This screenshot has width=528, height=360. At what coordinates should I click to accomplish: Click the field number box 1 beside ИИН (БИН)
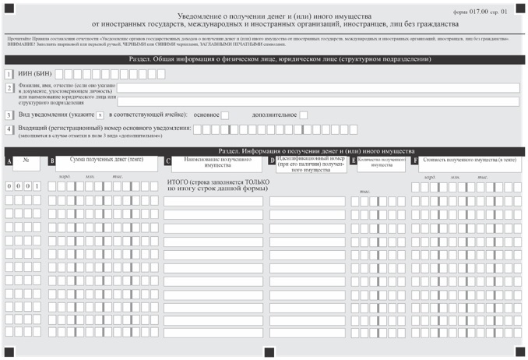tap(9, 74)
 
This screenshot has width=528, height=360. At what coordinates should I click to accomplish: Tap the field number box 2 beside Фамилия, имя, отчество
tap(9, 89)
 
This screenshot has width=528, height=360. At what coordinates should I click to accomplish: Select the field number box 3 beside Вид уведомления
tap(9, 115)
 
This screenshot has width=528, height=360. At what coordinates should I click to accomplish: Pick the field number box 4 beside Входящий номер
tap(9, 129)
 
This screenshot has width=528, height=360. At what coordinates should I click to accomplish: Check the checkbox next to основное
tap(225, 115)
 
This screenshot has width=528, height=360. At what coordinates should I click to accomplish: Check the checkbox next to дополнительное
tap(304, 115)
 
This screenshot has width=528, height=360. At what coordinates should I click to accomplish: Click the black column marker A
tap(9, 161)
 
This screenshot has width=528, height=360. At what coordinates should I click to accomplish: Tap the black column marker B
tap(51, 161)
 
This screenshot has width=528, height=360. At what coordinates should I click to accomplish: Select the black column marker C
tap(167, 161)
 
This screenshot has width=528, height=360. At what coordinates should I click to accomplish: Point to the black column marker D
tap(272, 161)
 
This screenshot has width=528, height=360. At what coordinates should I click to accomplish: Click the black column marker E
tap(354, 161)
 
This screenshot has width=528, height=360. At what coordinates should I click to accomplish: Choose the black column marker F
tap(415, 161)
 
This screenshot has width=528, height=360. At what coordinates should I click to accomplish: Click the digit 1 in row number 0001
tap(37, 186)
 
